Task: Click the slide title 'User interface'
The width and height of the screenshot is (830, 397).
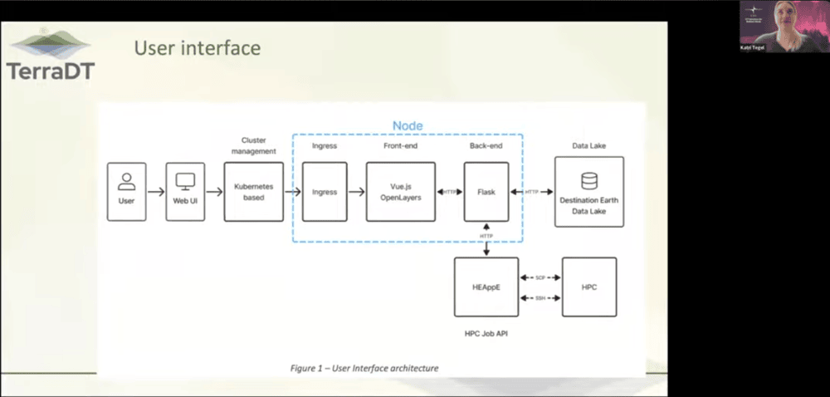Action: pos(197,48)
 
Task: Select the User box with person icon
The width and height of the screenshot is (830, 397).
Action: pos(126,191)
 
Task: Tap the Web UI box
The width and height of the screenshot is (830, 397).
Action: pos(184,191)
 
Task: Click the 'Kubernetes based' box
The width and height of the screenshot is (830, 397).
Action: pos(253,192)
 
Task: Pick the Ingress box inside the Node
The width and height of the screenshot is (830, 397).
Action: pos(324,192)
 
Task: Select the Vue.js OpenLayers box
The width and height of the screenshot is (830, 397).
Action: pos(400,192)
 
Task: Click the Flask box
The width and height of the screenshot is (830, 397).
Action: pos(486,192)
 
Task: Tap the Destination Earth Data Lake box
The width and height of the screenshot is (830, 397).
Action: pos(588,192)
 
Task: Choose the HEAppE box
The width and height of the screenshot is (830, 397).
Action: pos(486,287)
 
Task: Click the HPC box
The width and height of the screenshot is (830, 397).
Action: pos(588,287)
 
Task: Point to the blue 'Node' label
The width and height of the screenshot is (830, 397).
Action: pos(408,125)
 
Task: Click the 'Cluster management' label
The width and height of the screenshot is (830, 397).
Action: pos(253,145)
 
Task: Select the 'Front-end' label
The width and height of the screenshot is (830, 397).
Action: pos(400,146)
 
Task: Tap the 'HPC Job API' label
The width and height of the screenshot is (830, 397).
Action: pos(486,332)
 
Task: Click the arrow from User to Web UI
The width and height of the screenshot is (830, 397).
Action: pos(155,192)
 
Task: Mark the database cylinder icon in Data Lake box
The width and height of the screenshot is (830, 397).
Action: pos(588,180)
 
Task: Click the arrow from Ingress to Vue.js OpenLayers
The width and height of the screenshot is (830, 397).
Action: pos(356,192)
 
